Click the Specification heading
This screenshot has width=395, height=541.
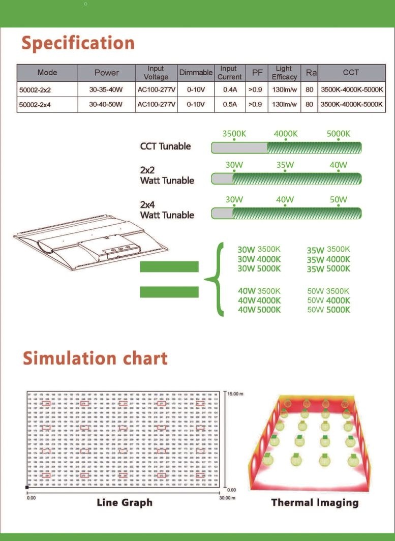(78, 43)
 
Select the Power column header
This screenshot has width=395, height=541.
(106, 73)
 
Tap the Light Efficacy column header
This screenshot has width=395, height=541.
(284, 73)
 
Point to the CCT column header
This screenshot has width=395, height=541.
(351, 73)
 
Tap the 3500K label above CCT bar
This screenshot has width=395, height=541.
(234, 134)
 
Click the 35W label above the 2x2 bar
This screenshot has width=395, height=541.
(285, 165)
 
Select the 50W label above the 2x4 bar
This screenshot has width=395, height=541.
(338, 200)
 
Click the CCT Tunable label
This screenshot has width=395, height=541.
(165, 146)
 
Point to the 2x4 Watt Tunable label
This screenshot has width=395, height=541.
(167, 210)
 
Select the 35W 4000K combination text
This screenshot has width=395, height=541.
(328, 259)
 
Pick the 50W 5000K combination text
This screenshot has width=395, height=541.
(328, 310)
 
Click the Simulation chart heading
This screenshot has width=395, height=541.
(95, 358)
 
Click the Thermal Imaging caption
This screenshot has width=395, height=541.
(315, 503)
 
